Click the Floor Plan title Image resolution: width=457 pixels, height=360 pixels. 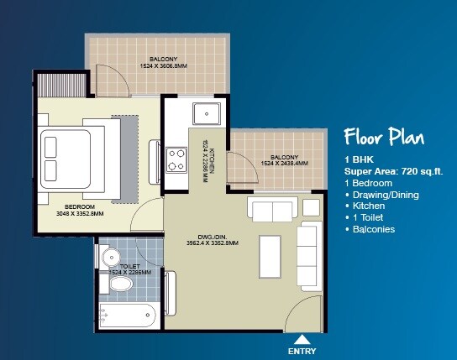tap(384, 138)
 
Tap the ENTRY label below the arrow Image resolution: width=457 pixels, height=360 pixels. tap(302, 350)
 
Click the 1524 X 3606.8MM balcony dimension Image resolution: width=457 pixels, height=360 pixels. tap(157, 65)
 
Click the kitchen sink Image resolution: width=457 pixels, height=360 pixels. tap(205, 113)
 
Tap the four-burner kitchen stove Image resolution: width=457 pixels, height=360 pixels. tap(177, 159)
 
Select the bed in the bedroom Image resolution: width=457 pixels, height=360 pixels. tap(79, 159)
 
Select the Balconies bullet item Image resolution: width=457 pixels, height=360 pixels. tap(371, 229)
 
